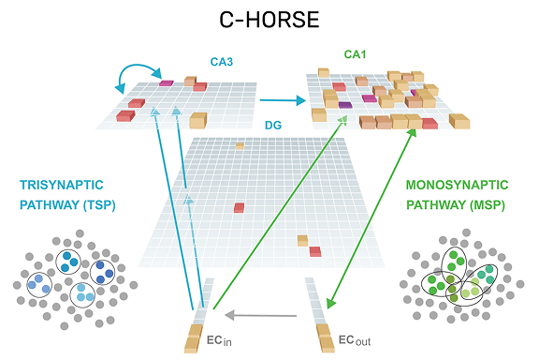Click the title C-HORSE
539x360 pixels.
pyautogui.click(x=269, y=20)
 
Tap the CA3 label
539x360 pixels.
pyautogui.click(x=222, y=62)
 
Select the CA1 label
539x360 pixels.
pyautogui.click(x=355, y=54)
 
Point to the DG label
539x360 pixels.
pyautogui.click(x=273, y=125)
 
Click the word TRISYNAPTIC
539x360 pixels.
pyautogui.click(x=62, y=185)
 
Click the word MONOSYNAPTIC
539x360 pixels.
pyautogui.click(x=457, y=185)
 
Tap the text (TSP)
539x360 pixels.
pyautogui.click(x=99, y=205)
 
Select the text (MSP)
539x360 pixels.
pyautogui.click(x=488, y=205)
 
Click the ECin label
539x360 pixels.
pyautogui.click(x=219, y=340)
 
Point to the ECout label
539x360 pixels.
pyautogui.click(x=355, y=340)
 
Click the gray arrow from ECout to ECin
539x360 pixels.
pyautogui.click(x=260, y=315)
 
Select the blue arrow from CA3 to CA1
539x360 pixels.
pyautogui.click(x=283, y=100)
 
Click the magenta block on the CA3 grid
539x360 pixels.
pyautogui.click(x=166, y=83)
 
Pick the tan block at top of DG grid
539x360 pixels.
pyautogui.click(x=240, y=146)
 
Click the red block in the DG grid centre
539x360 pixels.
pyautogui.click(x=239, y=208)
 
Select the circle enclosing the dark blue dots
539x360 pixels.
pyautogui.click(x=102, y=272)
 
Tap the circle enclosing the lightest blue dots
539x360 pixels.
pyautogui.click(x=82, y=295)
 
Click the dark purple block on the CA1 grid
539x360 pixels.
pyautogui.click(x=345, y=105)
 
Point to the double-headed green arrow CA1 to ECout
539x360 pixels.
pyautogui.click(x=371, y=218)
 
